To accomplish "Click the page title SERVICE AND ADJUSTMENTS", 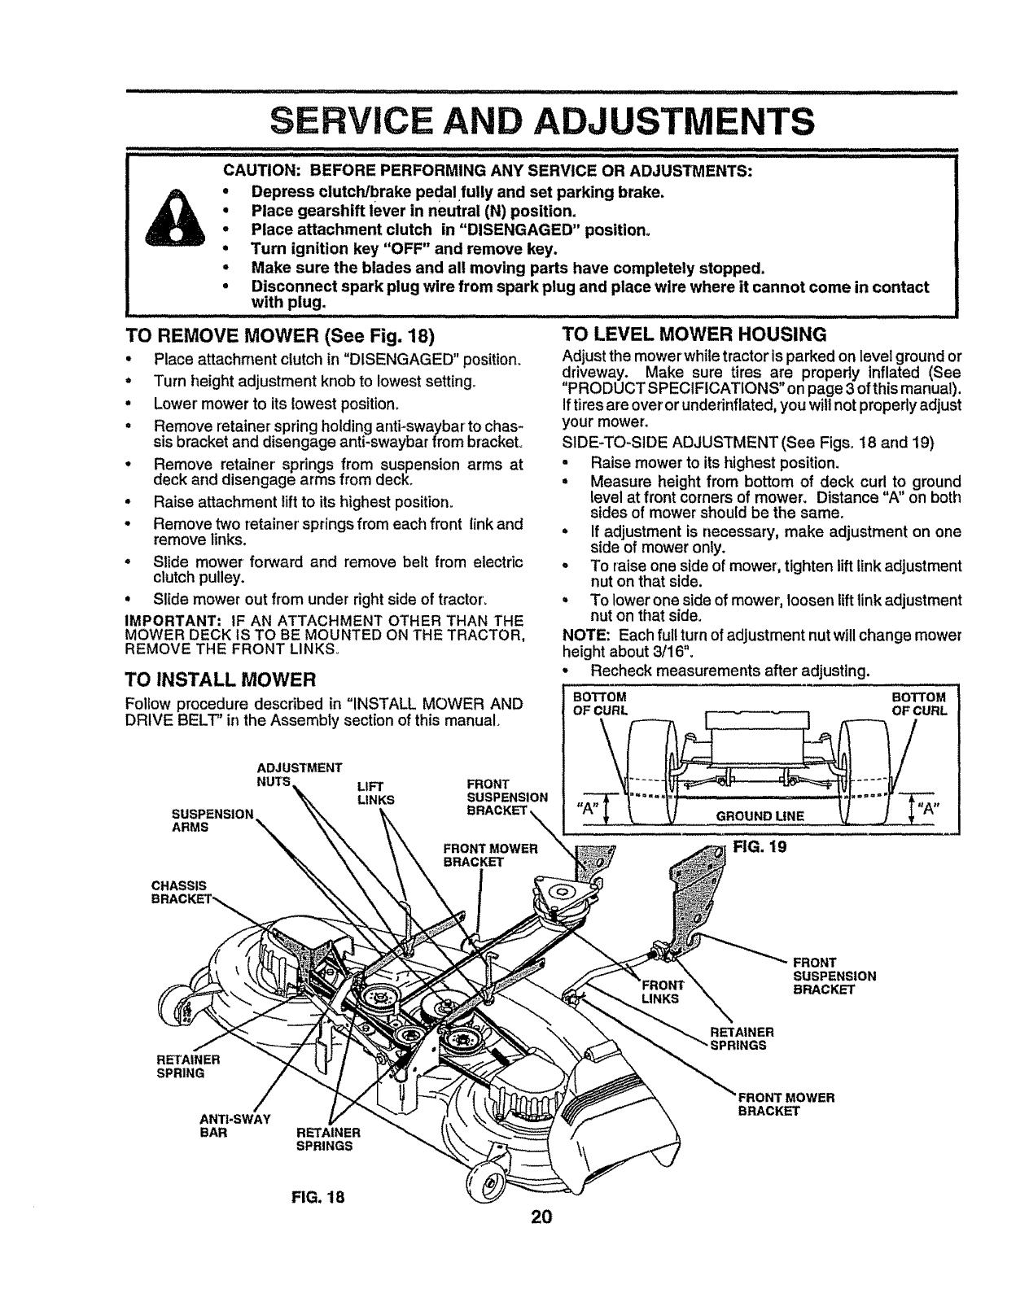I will [x=541, y=123].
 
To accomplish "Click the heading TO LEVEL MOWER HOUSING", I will [x=694, y=334].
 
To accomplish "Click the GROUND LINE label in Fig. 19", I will [x=760, y=815].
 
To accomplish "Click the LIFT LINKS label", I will [x=375, y=793].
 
